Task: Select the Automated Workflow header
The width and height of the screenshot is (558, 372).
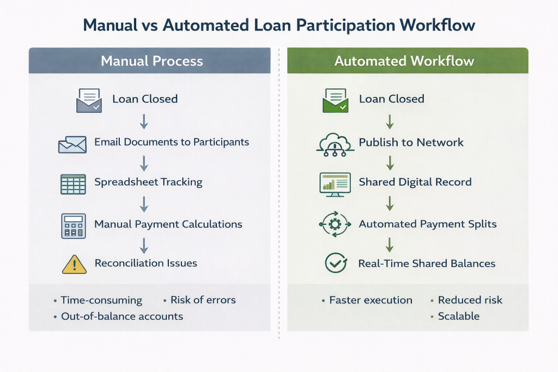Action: pos(404,61)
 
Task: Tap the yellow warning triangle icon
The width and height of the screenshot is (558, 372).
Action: pos(74,264)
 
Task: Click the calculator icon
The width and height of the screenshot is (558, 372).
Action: pos(73,225)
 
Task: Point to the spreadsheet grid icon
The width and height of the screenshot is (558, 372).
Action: pos(72,184)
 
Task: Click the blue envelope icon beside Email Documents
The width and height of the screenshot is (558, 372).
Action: pos(72,144)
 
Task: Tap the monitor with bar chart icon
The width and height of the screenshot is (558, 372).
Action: pos(334,183)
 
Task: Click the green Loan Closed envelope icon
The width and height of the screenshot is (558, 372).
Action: pos(335,100)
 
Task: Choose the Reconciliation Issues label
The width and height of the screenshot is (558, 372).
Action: pos(145,264)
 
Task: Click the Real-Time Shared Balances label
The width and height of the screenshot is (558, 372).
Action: pos(427,264)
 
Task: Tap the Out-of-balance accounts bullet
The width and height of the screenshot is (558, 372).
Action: pos(122,316)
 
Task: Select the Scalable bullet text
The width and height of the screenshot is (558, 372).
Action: pos(458,316)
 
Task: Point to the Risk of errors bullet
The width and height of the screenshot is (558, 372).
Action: pos(203,300)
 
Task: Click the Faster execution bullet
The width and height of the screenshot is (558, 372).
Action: pos(371,300)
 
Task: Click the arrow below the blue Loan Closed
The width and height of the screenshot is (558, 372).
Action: pos(144,121)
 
